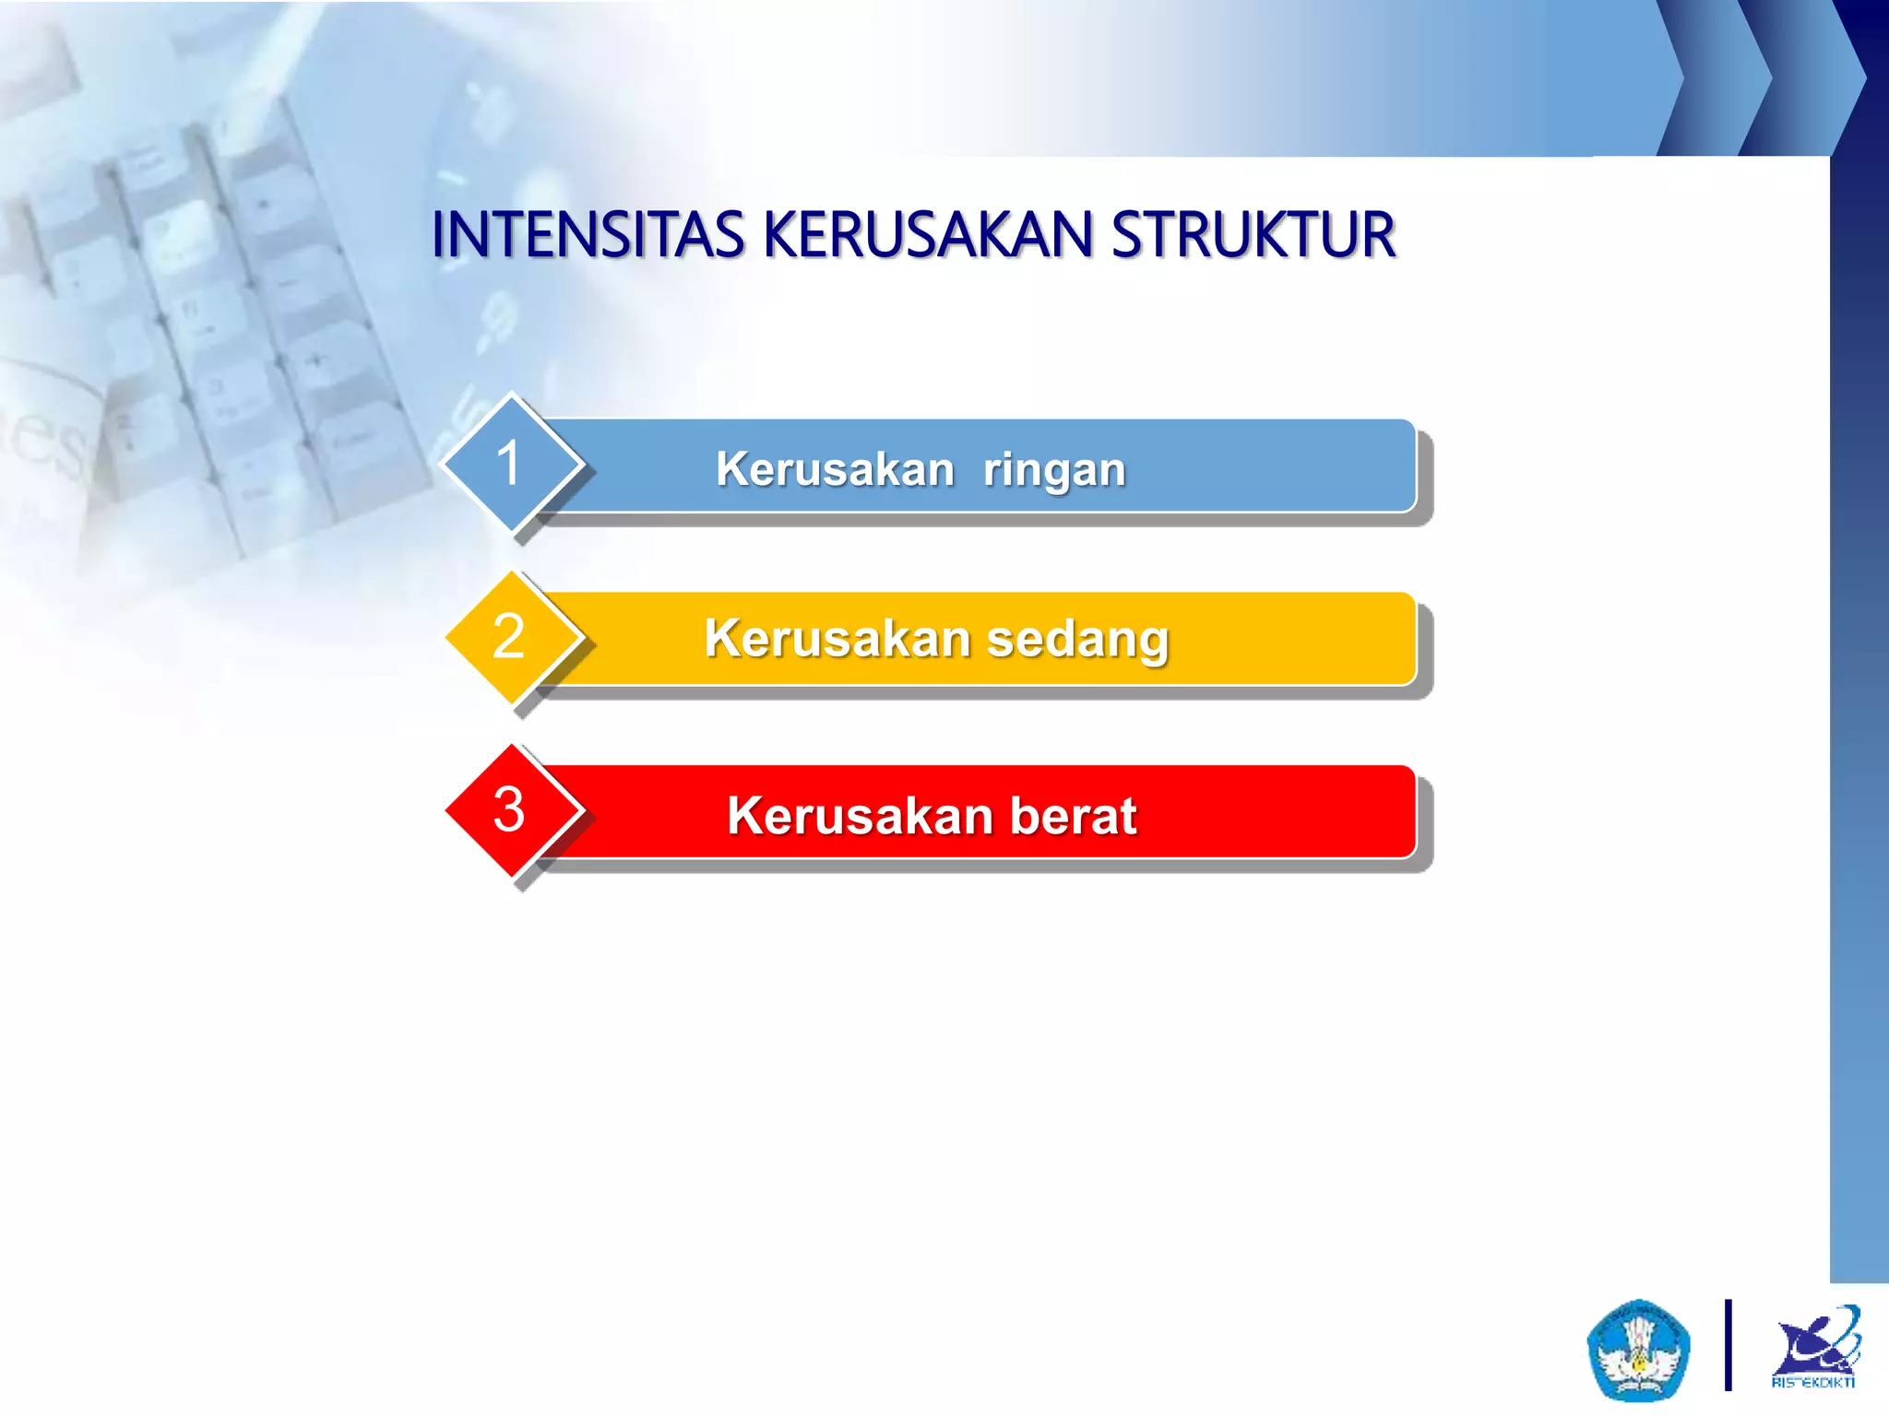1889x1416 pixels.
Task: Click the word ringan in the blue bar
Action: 1054,470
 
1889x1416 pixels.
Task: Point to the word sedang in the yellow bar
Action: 1077,639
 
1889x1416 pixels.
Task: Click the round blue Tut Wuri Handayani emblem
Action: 1638,1349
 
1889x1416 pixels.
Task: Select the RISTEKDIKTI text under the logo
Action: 1813,1382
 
